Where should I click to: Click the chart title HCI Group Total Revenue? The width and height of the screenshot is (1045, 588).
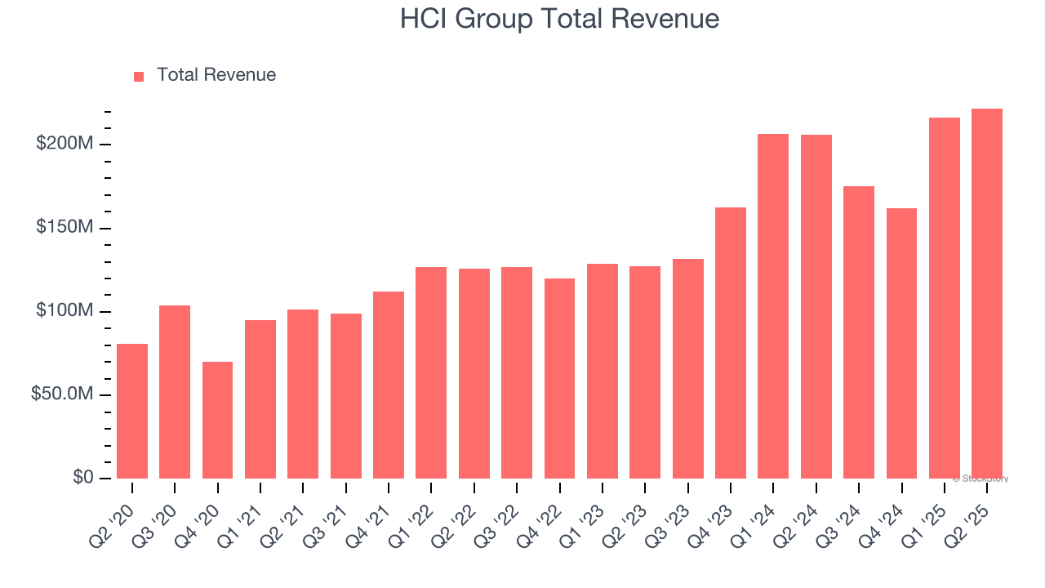559,19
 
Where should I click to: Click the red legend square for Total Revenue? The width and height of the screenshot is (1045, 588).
139,76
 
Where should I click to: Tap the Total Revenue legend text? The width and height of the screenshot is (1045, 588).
216,75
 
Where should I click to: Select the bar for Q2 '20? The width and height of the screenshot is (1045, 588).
132,411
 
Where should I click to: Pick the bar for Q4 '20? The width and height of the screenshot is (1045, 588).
217,420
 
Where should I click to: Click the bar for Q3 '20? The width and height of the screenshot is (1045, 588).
175,392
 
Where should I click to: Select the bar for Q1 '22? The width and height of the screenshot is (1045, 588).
431,372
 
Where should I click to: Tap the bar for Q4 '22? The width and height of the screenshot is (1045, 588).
559,378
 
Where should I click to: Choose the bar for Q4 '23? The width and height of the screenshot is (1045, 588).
731,343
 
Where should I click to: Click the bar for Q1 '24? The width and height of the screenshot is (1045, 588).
773,306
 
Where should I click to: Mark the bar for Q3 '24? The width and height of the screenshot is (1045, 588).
859,332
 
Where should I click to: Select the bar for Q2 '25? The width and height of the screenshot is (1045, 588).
987,293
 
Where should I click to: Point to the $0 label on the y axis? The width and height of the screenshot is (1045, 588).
83,478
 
